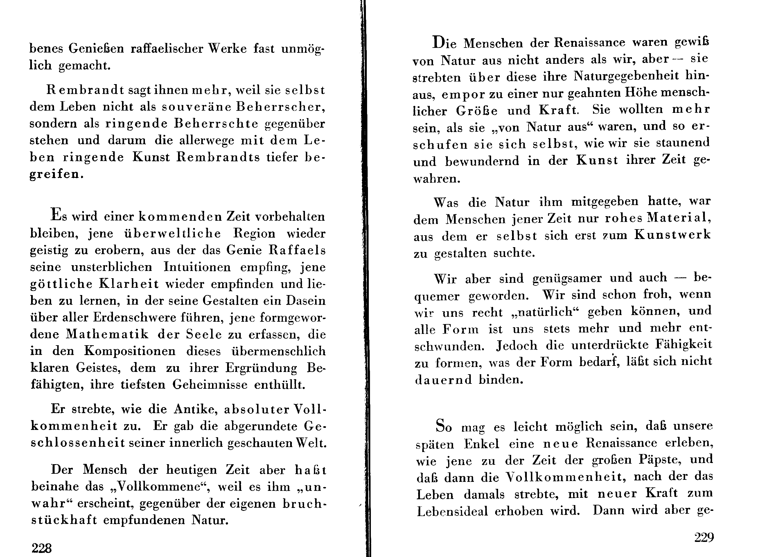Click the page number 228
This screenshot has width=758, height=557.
[42, 548]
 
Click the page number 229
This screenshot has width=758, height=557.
[704, 537]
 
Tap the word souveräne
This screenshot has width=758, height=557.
[196, 107]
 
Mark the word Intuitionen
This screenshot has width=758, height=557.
[197, 267]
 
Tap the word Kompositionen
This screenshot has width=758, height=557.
[130, 351]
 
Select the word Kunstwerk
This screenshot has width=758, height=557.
[672, 235]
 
